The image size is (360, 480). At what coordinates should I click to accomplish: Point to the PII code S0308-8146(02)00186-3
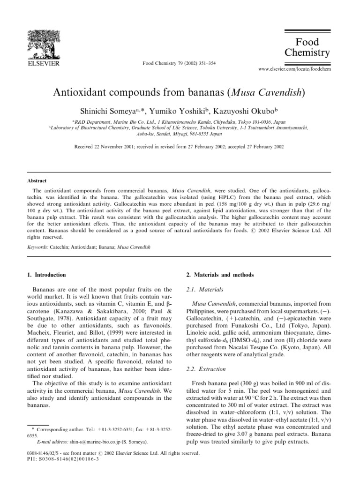(68, 460)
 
